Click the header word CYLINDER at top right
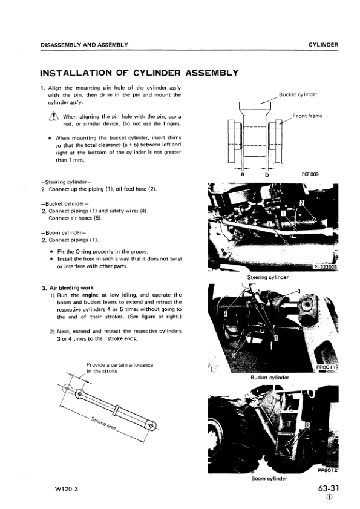322,45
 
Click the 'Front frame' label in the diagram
307,115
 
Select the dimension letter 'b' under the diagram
267,174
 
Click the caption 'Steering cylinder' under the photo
267,277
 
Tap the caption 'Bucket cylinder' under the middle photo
269,378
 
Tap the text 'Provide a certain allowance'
120,365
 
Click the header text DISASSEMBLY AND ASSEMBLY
84,45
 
